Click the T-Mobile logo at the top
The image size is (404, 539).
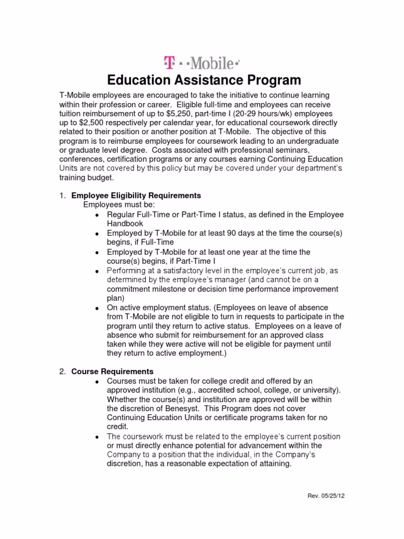(202, 63)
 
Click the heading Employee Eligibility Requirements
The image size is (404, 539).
(136, 195)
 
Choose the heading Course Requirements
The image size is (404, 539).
(113, 372)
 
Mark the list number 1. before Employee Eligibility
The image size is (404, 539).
(62, 195)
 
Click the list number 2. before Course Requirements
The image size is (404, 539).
(62, 372)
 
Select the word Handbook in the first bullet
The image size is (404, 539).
(124, 223)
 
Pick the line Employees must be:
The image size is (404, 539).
(120, 205)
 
